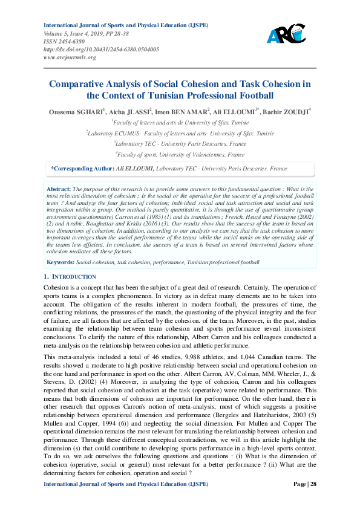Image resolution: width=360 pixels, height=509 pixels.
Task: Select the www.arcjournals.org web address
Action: (x=70, y=57)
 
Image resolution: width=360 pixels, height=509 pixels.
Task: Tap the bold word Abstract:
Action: (x=59, y=189)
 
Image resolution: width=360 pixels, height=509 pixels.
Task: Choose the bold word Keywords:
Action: (x=61, y=262)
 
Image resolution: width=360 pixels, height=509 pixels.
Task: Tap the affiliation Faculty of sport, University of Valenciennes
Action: (x=180, y=155)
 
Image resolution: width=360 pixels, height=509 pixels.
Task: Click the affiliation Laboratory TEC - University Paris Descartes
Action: (x=180, y=144)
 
